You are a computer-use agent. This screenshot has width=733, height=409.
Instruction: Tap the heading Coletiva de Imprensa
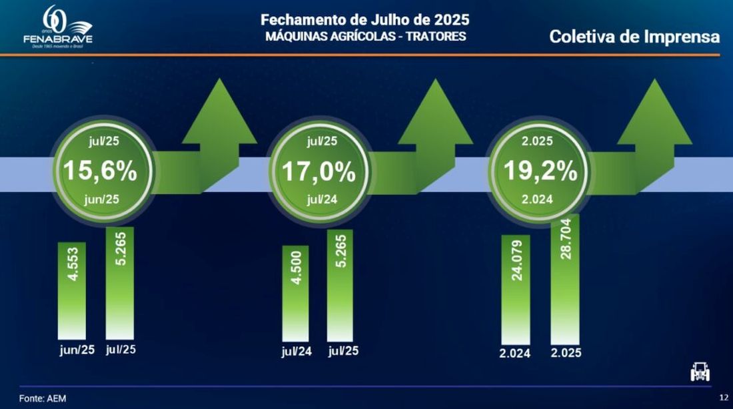634,37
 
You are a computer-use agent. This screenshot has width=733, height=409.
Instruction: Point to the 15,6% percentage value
100,171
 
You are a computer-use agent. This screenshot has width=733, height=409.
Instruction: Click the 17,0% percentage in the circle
319,171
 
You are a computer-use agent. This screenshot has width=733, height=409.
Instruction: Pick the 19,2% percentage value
540,171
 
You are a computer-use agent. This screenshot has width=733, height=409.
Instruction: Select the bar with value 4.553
72,290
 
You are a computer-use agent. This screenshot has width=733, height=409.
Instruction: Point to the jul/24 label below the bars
297,352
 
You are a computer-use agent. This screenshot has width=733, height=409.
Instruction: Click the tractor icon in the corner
700,372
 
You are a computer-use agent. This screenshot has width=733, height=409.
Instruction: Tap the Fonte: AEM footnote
43,398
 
